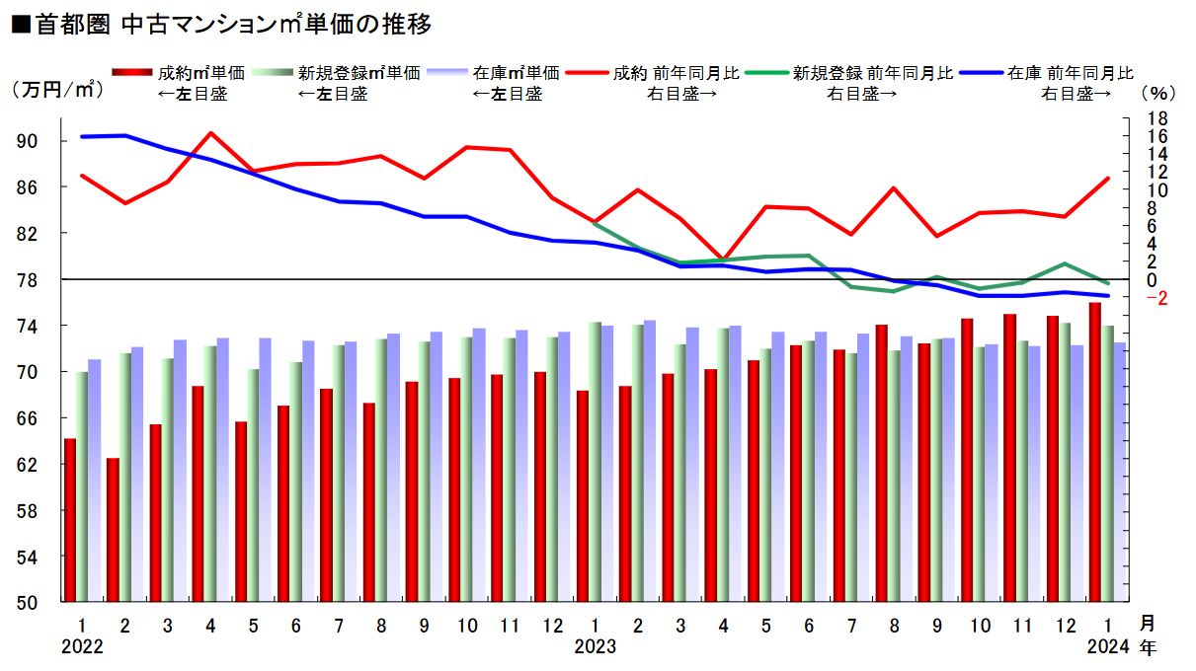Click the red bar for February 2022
pyautogui.click(x=113, y=529)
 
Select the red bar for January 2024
pyautogui.click(x=1094, y=452)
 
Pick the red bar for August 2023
pyautogui.click(x=881, y=463)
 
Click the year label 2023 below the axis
pyautogui.click(x=595, y=646)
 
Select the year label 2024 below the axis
pyautogui.click(x=1106, y=646)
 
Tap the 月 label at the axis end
pyautogui.click(x=1146, y=624)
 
